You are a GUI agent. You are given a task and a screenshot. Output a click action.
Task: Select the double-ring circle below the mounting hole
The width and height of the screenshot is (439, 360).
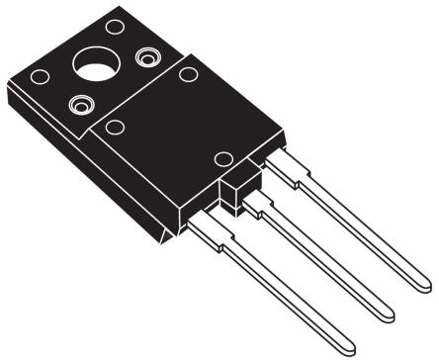point(77,103)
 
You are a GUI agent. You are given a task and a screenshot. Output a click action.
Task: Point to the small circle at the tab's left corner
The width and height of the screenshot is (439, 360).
point(40,76)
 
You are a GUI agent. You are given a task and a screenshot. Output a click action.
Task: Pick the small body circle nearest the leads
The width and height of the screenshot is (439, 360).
point(223,159)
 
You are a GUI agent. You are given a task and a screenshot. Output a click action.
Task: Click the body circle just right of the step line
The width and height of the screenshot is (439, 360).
point(186,74)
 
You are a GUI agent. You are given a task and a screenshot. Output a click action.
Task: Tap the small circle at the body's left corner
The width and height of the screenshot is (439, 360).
point(115,127)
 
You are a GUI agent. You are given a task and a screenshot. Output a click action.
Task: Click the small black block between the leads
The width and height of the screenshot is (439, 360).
point(234,190)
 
